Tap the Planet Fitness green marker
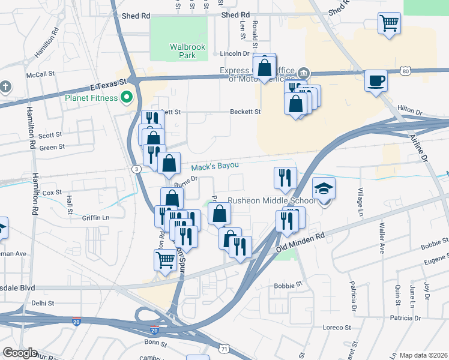(x=127, y=96)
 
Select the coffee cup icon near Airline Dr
(x=376, y=80)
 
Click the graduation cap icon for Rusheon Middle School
(x=324, y=188)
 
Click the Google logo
(x=20, y=353)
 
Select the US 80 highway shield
(x=406, y=71)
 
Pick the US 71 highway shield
(x=223, y=348)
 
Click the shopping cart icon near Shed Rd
(x=389, y=23)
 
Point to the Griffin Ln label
(x=96, y=218)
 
